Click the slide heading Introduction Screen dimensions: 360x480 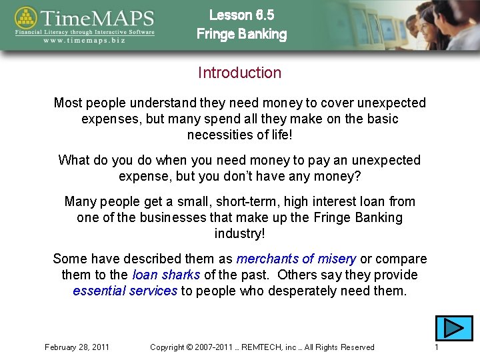tap(240, 73)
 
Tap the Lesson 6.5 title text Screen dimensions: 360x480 tap(241, 15)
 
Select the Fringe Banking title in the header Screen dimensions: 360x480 tap(241, 35)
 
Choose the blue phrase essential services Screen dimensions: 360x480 tap(125, 291)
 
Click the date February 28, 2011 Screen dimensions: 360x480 tap(77, 347)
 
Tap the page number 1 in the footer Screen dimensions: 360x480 tap(436, 347)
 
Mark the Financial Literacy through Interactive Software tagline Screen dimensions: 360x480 tap(85, 31)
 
